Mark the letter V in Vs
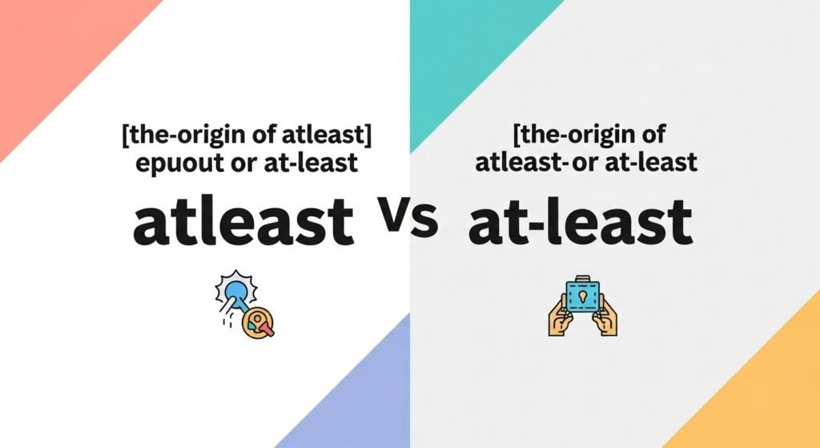point(398,218)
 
